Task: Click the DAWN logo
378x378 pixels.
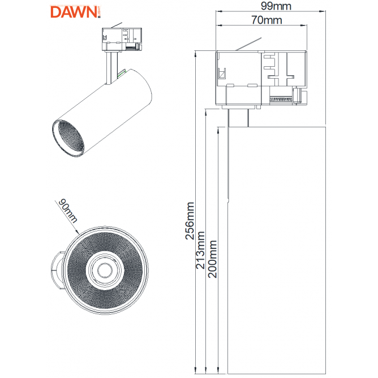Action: [75, 12]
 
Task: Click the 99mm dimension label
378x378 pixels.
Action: [276, 6]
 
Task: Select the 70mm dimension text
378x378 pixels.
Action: [267, 20]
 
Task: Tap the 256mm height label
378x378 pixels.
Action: [190, 221]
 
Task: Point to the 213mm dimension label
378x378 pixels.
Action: [200, 250]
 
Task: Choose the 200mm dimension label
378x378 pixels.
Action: [212, 259]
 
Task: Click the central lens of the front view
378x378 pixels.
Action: [105, 270]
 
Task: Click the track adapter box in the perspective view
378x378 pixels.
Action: [122, 39]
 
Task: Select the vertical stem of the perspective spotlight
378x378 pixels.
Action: [111, 68]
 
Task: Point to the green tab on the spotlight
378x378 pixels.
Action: [122, 73]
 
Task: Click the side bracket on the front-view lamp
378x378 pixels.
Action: [58, 270]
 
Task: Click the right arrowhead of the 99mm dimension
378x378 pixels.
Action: [323, 11]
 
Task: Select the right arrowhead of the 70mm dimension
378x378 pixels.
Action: [304, 25]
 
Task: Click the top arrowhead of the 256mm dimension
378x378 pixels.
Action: [196, 54]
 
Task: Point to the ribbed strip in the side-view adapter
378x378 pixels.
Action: [281, 99]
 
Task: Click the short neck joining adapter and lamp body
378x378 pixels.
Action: [238, 118]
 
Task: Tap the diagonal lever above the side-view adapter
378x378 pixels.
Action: [248, 44]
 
